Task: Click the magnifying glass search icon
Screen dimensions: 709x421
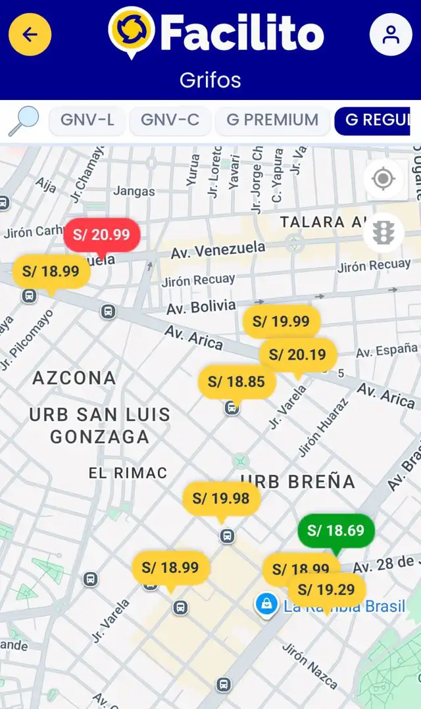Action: pos(24,120)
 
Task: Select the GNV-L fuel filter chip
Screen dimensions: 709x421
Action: pos(87,120)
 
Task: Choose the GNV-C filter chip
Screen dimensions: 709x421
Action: pos(170,120)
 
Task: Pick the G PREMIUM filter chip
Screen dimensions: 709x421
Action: pos(272,120)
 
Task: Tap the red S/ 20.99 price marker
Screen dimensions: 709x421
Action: pos(102,235)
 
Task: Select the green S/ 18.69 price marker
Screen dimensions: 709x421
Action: pos(335,531)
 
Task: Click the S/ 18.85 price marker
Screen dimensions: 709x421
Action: pos(236,381)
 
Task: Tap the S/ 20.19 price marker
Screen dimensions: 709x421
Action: pos(297,355)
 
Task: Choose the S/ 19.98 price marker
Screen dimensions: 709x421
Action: pos(221,499)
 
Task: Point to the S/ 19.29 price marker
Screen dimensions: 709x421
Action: pos(326,589)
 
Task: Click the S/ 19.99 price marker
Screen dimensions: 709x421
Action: pos(281,321)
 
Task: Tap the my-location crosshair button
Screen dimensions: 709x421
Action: pos(383,179)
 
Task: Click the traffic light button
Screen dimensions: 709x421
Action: pos(383,232)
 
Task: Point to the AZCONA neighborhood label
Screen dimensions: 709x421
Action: pos(74,378)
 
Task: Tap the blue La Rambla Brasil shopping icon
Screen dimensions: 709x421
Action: pos(266,604)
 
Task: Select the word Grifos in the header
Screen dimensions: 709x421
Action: pos(210,80)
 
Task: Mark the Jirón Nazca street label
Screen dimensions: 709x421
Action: pos(310,666)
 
